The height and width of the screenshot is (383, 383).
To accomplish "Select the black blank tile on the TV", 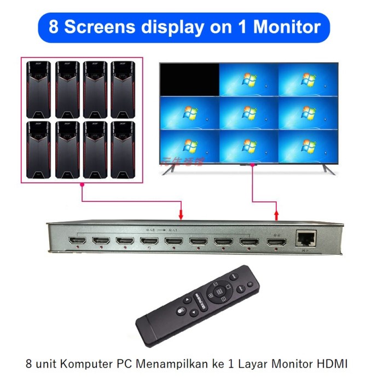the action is tap(189, 79).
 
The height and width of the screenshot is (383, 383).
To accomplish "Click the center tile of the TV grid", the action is tap(249, 111).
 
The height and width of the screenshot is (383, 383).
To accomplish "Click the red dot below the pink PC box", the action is tap(82, 186).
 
